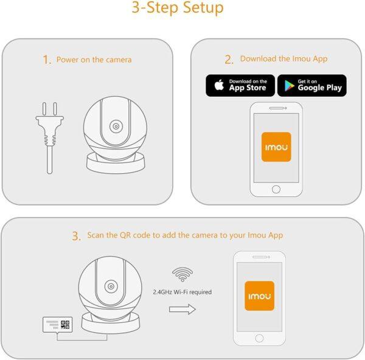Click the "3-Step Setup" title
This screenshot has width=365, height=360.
(178, 8)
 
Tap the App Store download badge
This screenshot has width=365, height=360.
(240, 85)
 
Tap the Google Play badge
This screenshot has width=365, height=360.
(312, 85)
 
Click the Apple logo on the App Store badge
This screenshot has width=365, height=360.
(219, 85)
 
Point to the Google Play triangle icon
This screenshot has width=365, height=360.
(289, 85)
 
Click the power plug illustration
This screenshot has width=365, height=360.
(50, 138)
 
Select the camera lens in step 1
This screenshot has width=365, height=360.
(116, 126)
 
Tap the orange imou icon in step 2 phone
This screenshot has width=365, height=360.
(276, 147)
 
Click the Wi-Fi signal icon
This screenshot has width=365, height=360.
(182, 275)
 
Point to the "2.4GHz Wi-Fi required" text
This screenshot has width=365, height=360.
(182, 292)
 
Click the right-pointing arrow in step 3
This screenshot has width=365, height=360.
(182, 310)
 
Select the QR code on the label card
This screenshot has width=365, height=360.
(65, 325)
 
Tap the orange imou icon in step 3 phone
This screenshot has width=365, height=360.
(260, 296)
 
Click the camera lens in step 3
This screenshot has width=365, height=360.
(111, 286)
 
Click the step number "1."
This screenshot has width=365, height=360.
(47, 60)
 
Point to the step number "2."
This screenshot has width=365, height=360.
(229, 60)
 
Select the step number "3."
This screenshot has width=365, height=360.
(77, 236)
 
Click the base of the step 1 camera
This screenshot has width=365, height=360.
(116, 164)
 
